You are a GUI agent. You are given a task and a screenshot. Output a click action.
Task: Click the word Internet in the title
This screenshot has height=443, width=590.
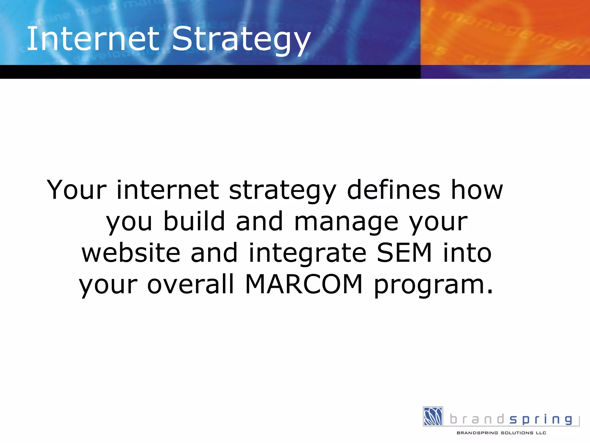point(92,39)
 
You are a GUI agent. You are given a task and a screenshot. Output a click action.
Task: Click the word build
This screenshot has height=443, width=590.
point(194,221)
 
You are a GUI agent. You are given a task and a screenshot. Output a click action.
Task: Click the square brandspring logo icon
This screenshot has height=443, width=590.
point(433,416)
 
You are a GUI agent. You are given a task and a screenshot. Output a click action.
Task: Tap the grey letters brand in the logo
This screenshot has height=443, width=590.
point(477,419)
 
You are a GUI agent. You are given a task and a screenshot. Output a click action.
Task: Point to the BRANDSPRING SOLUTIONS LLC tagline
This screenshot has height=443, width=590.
point(501,433)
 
